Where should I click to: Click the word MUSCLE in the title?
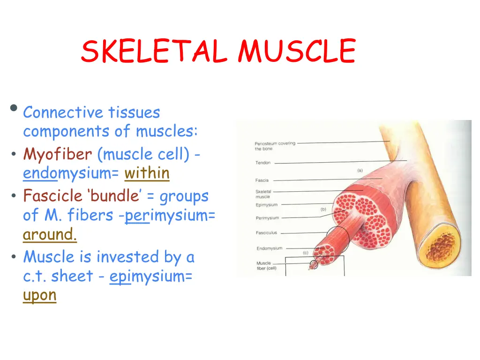[x=296, y=51]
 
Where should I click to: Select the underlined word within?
[x=147, y=173]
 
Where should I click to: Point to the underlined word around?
[x=50, y=234]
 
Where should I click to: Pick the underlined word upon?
[x=39, y=295]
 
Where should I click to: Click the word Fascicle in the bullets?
[x=52, y=195]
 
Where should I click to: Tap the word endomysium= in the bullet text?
[x=71, y=173]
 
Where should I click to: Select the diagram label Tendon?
[x=263, y=163]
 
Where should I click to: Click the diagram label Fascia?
[x=262, y=180]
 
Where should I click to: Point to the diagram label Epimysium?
[x=266, y=205]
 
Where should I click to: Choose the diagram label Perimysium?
[x=267, y=218]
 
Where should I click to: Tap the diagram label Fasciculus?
[x=266, y=233]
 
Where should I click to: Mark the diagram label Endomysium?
[x=269, y=248]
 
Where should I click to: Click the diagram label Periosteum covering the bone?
[x=275, y=146]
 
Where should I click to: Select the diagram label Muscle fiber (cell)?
[x=266, y=266]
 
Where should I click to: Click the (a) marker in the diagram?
[x=360, y=171]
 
